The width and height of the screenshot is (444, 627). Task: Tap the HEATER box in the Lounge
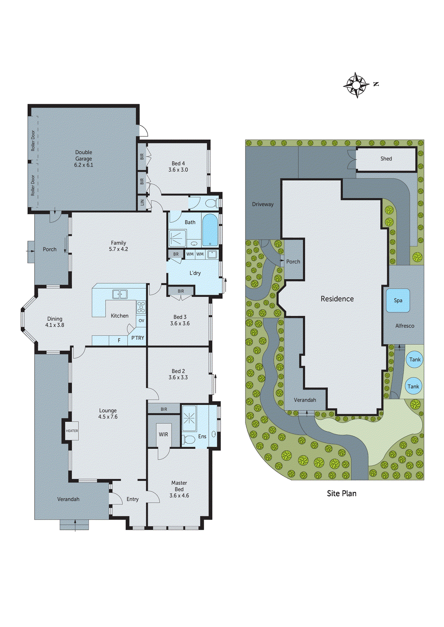(72, 431)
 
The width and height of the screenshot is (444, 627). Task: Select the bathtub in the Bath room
(210, 230)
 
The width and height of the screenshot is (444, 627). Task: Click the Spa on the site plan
(398, 301)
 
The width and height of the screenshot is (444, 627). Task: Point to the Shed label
(386, 159)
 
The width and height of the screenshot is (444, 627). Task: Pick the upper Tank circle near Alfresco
(415, 359)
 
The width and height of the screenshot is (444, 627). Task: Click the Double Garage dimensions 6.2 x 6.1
(84, 165)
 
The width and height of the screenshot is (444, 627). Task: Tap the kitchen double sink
(120, 294)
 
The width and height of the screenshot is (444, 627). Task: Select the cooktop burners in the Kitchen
(141, 306)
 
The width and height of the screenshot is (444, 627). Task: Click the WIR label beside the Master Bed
(163, 434)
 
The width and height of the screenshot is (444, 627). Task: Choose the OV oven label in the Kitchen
(141, 321)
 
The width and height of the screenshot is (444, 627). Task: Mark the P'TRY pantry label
(137, 338)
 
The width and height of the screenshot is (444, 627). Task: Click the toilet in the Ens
(189, 439)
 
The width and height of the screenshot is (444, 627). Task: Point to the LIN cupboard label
(142, 203)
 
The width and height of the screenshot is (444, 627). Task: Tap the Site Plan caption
(342, 493)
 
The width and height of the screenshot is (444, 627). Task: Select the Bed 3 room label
(180, 317)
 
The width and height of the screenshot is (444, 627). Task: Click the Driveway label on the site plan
(263, 204)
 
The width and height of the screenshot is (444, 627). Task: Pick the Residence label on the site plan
(337, 299)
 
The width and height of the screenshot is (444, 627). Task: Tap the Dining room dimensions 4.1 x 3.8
(55, 325)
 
